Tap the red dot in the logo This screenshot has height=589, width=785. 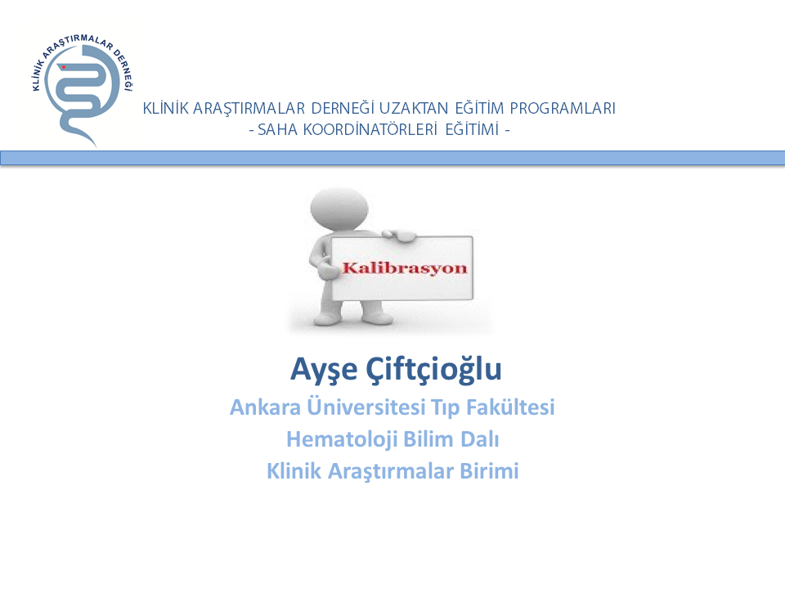pyautogui.click(x=64, y=67)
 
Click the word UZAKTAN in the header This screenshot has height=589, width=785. pyautogui.click(x=414, y=108)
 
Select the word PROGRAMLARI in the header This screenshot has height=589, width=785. pyautogui.click(x=563, y=108)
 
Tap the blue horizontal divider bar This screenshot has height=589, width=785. pyautogui.click(x=392, y=158)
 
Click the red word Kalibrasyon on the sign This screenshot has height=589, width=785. pyautogui.click(x=405, y=268)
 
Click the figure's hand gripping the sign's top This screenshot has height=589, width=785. pyautogui.click(x=399, y=236)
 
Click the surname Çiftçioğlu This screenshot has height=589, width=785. pyautogui.click(x=433, y=370)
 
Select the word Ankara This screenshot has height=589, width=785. pyautogui.click(x=265, y=407)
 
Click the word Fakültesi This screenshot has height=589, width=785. pyautogui.click(x=510, y=407)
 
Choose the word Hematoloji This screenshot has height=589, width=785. pyautogui.click(x=343, y=439)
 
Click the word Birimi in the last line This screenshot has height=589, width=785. pyautogui.click(x=489, y=471)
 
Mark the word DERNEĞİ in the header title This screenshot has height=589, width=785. pyautogui.click(x=343, y=108)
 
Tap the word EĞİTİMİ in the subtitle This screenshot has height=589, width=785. pyautogui.click(x=472, y=130)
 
